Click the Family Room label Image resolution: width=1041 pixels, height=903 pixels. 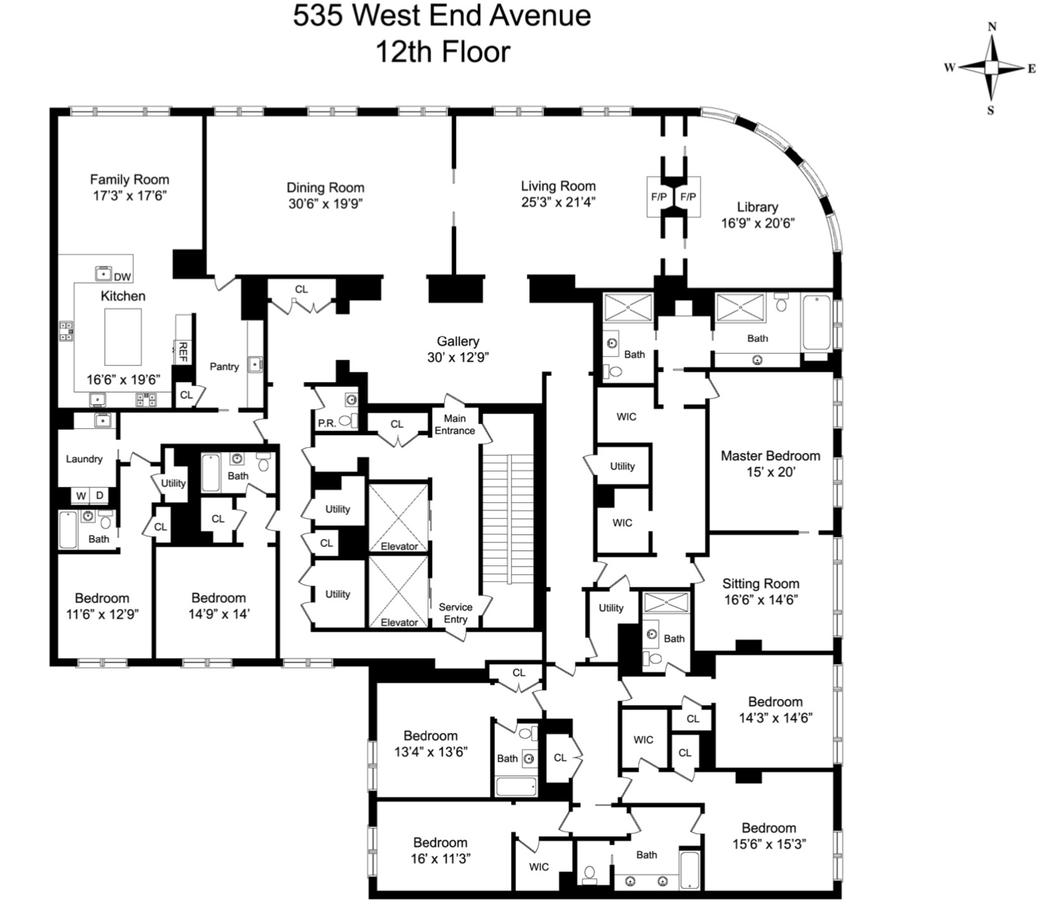pyautogui.click(x=129, y=180)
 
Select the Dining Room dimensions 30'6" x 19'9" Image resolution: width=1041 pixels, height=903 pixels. pyautogui.click(x=325, y=204)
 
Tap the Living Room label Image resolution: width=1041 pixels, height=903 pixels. pyautogui.click(x=558, y=186)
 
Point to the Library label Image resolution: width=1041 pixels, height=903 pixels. pyautogui.click(x=757, y=207)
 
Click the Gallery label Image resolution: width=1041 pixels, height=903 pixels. pyautogui.click(x=458, y=341)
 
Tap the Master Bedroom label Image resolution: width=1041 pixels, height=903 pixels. pyautogui.click(x=770, y=456)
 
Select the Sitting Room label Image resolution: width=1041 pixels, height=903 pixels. pyautogui.click(x=760, y=584)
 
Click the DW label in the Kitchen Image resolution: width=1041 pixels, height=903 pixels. pyautogui.click(x=123, y=276)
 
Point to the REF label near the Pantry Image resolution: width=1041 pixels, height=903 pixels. pyautogui.click(x=183, y=352)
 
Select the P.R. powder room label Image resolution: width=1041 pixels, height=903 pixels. pyautogui.click(x=327, y=423)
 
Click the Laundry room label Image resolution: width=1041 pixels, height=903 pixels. pyautogui.click(x=84, y=459)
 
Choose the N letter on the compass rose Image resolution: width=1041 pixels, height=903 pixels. pyautogui.click(x=992, y=27)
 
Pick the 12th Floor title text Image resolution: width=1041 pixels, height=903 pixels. pyautogui.click(x=443, y=52)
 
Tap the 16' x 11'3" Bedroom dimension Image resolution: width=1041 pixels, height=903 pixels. pyautogui.click(x=440, y=859)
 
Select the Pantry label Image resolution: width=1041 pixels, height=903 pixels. pyautogui.click(x=225, y=367)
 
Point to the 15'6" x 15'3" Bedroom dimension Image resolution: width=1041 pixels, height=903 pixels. pyautogui.click(x=769, y=844)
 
